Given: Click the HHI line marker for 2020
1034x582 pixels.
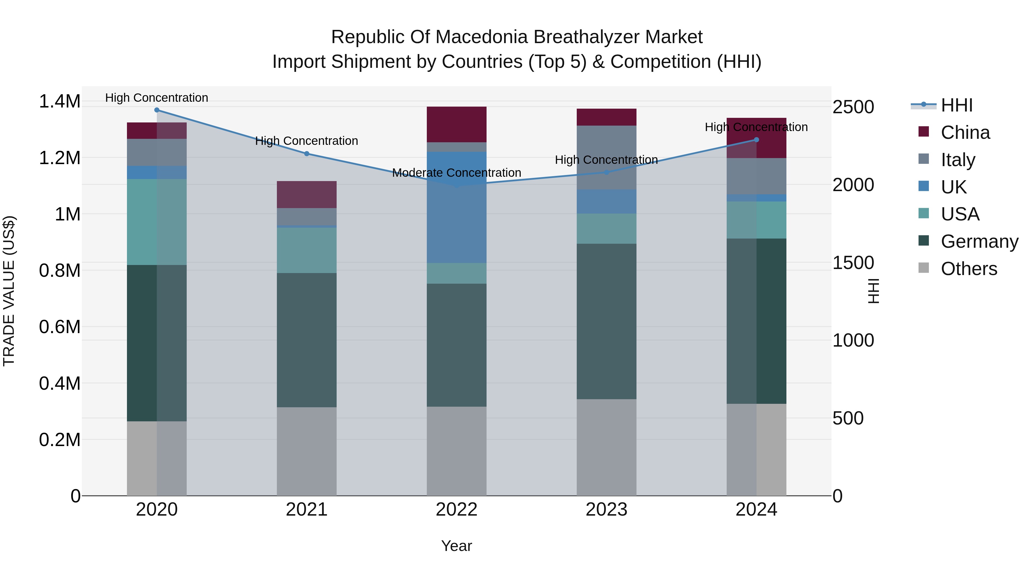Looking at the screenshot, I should click(x=157, y=110).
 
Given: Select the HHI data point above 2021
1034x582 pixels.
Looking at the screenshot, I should click(x=307, y=154).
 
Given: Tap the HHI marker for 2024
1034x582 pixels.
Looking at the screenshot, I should click(x=756, y=140).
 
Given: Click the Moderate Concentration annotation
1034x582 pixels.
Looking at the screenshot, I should click(x=456, y=173).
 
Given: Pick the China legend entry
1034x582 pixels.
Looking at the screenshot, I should click(x=965, y=132).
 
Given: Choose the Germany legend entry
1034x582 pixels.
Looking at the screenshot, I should click(x=979, y=241).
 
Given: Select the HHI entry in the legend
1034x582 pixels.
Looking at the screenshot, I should click(x=956, y=105).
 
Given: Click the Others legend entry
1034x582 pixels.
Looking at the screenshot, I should click(x=969, y=269).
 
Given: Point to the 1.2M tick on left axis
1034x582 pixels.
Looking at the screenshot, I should click(x=59, y=158).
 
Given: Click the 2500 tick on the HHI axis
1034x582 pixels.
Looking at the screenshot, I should click(x=853, y=107).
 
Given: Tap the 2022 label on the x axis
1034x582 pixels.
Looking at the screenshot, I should click(x=456, y=510).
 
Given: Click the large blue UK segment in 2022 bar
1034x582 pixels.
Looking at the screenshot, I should click(x=456, y=207).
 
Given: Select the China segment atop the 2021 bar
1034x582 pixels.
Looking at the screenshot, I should click(x=307, y=194).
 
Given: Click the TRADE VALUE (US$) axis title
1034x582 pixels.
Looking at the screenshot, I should click(x=9, y=291).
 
